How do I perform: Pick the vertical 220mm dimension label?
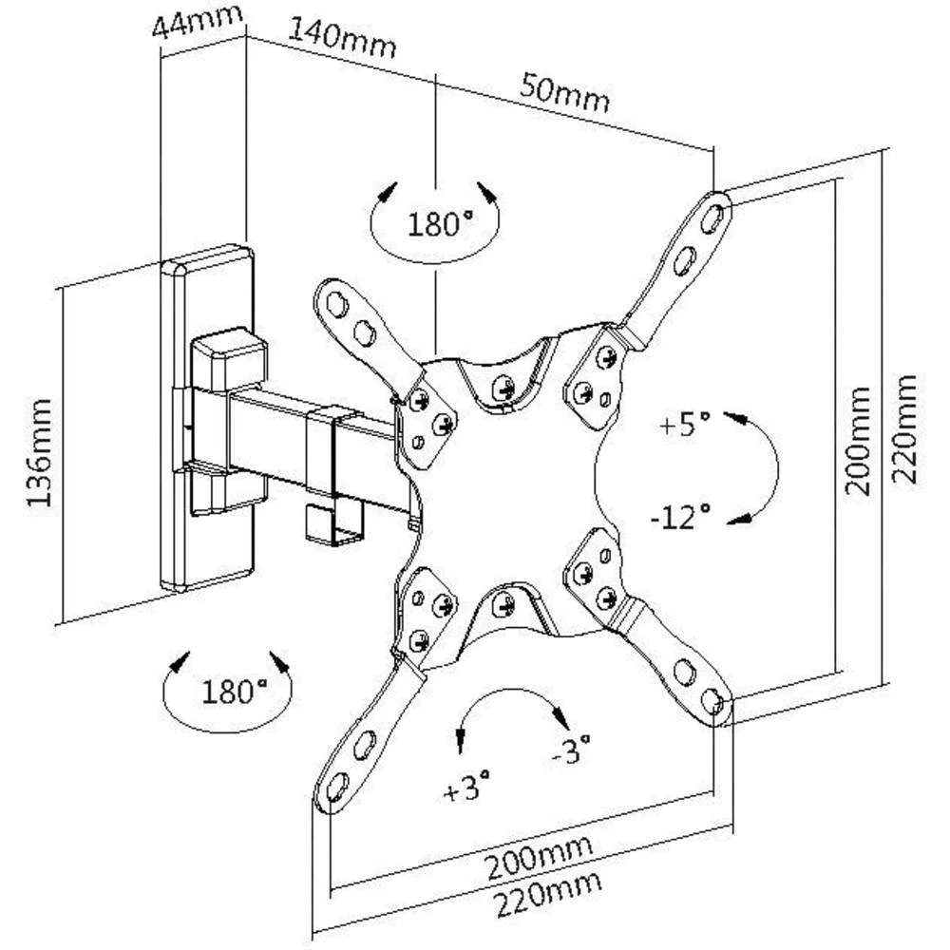(907, 429)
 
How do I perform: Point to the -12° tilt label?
(681, 517)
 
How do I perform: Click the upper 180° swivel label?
(440, 224)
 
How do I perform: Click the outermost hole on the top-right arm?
(711, 218)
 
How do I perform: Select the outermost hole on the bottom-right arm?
(712, 701)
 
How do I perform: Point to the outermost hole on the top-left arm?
(334, 304)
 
